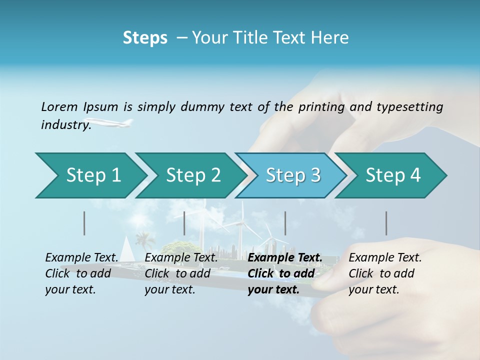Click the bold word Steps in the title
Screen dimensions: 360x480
(x=145, y=38)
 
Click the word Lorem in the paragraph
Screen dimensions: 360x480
(x=58, y=106)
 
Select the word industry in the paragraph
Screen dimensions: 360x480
(x=65, y=125)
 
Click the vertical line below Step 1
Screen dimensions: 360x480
(x=84, y=223)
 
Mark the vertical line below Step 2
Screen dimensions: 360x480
(x=184, y=223)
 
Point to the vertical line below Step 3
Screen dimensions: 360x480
(x=285, y=223)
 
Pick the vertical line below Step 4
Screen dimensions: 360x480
(x=386, y=223)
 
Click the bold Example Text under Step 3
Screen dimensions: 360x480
(x=285, y=258)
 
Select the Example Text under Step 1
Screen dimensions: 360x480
(x=81, y=258)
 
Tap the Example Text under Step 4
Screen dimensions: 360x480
(x=385, y=258)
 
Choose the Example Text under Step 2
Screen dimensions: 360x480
(x=181, y=258)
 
